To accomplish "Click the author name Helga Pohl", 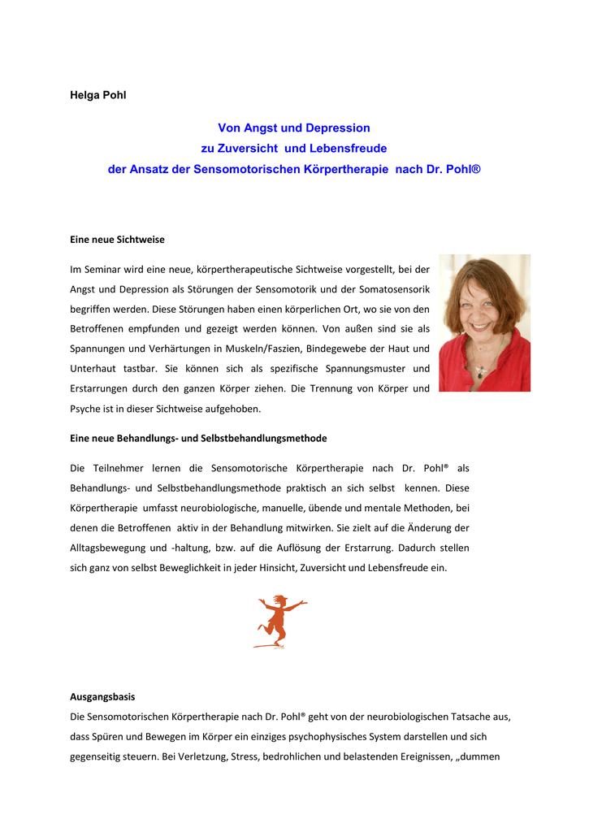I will pos(98,95).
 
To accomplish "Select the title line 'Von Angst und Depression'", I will pos(294,128).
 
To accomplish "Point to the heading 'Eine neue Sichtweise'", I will pos(117,240).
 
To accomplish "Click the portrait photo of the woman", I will pos(484,323).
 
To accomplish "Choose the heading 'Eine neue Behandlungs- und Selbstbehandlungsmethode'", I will pos(199,438).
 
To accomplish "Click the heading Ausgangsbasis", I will pos(102,697).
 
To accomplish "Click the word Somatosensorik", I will pos(394,288).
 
